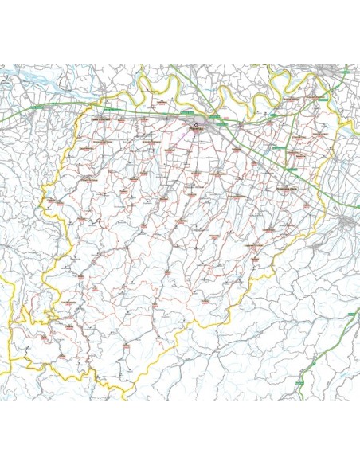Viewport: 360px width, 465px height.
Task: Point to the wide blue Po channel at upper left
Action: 24,80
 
